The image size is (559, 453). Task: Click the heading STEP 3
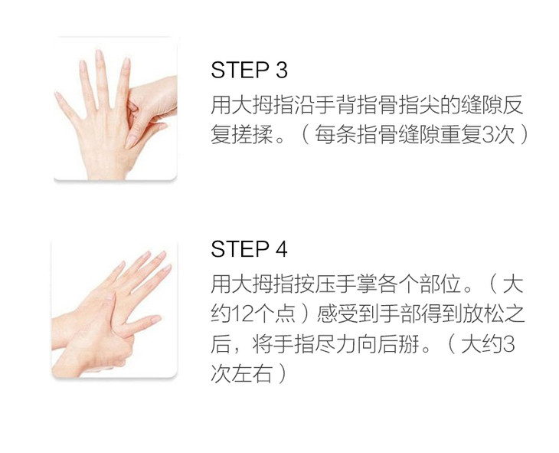point(249,70)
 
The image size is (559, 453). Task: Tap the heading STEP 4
point(249,249)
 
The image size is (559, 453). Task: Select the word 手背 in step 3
point(335,105)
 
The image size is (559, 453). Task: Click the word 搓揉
point(252,135)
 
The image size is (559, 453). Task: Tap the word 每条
point(335,135)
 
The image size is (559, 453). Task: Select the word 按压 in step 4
point(315,284)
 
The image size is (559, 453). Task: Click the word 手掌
point(356,284)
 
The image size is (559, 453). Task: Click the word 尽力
point(335,343)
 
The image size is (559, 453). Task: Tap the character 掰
point(408,343)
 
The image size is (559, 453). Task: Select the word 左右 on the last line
point(252,373)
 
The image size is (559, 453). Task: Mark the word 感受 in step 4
point(337,314)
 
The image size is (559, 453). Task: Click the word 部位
point(440,284)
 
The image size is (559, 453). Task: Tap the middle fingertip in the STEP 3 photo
point(99,54)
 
